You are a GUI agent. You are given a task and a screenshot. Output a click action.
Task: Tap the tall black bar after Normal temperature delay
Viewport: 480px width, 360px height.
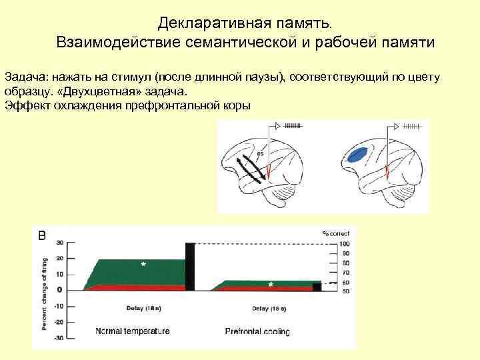click(x=189, y=267)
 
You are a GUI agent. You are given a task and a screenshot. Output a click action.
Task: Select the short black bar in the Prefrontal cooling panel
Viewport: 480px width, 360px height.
click(x=317, y=287)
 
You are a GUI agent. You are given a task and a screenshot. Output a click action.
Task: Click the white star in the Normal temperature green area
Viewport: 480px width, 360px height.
click(x=143, y=265)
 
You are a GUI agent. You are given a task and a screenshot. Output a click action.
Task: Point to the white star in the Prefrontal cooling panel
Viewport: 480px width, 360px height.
click(x=271, y=284)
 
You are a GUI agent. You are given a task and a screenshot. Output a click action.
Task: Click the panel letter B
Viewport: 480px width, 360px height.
click(x=41, y=235)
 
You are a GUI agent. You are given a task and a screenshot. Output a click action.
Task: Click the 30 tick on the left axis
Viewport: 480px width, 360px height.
click(x=60, y=242)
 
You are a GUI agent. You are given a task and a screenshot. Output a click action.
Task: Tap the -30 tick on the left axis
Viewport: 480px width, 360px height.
click(x=59, y=338)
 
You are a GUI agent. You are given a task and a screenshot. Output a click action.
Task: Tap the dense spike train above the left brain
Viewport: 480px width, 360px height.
click(x=293, y=125)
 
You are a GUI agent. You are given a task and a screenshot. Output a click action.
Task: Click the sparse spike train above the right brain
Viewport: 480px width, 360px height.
click(x=411, y=125)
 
